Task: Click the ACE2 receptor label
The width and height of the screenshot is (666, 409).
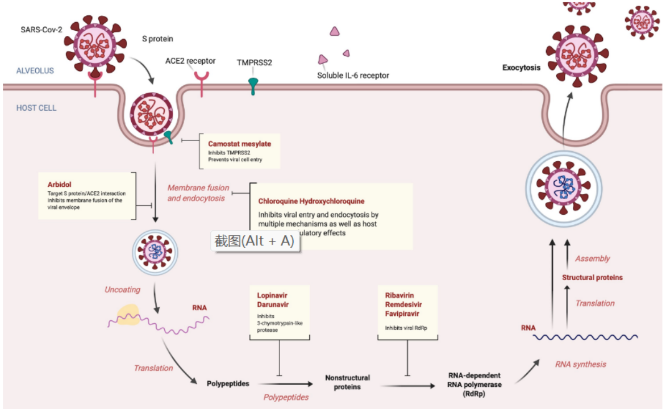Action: pos(190,60)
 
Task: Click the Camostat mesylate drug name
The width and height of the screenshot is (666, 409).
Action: pos(239,144)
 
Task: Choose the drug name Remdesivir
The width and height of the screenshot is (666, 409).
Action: pos(401,304)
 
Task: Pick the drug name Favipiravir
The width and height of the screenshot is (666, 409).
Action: pos(401,314)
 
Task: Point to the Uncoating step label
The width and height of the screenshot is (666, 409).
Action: pos(122,290)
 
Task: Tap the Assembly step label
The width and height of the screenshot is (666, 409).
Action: pos(592,258)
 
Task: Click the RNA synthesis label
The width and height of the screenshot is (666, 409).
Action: pos(580,364)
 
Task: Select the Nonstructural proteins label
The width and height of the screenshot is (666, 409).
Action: pos(347,382)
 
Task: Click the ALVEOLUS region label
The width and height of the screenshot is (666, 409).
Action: pos(35,71)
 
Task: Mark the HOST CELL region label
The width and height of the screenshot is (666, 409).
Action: pos(36,108)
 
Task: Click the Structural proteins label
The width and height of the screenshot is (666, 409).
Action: pos(592,278)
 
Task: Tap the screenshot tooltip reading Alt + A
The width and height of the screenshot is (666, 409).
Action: pos(254,241)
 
